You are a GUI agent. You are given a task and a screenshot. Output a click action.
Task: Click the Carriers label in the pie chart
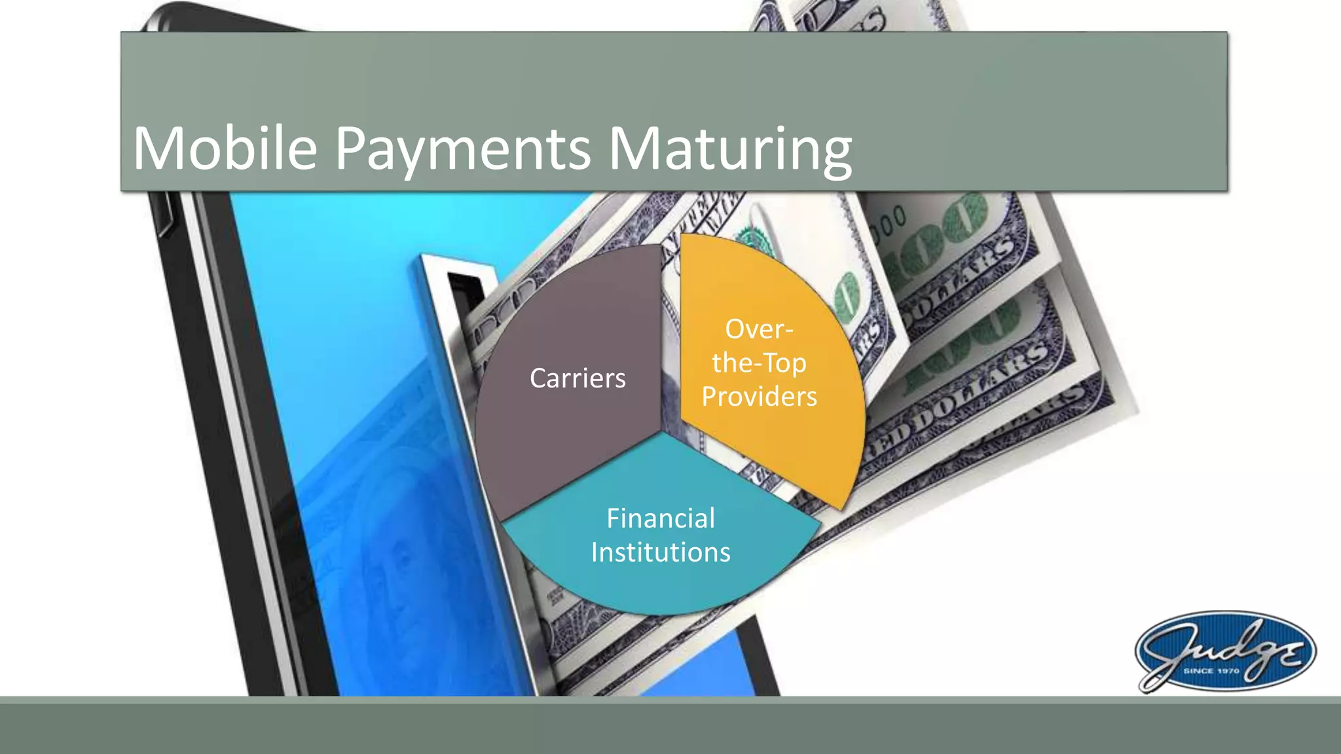pyautogui.click(x=578, y=378)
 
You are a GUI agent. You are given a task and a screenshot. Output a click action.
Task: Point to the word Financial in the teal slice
pyautogui.click(x=660, y=518)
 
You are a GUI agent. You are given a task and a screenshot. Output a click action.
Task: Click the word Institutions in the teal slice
pyautogui.click(x=660, y=552)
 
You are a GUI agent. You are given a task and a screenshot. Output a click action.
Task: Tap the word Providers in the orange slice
pyautogui.click(x=759, y=397)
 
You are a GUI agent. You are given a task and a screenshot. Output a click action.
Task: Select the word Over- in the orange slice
pyautogui.click(x=759, y=329)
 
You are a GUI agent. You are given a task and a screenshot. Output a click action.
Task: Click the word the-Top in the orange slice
pyautogui.click(x=759, y=363)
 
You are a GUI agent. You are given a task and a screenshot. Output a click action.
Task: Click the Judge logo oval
pyautogui.click(x=1224, y=651)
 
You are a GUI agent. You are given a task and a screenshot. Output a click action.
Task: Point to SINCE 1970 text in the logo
pyautogui.click(x=1211, y=671)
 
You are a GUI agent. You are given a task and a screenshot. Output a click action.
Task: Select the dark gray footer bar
pyautogui.click(x=670, y=727)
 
